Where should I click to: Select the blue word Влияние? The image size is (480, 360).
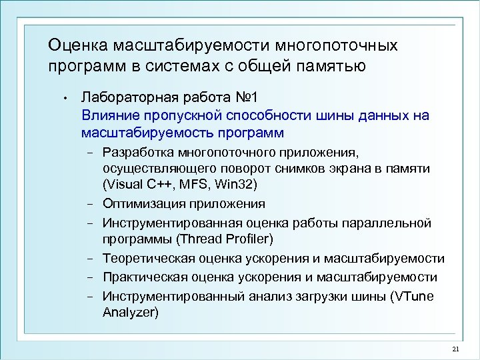(107, 115)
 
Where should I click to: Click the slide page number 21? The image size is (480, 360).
(455, 349)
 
